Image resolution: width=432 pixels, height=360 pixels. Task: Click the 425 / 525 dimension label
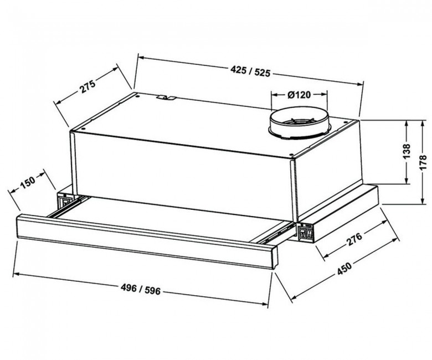(250, 71)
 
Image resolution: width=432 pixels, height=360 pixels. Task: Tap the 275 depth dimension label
(88, 86)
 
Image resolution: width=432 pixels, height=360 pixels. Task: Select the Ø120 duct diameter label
(299, 95)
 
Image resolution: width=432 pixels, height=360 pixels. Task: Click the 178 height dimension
(423, 162)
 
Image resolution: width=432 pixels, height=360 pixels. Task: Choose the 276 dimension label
(354, 239)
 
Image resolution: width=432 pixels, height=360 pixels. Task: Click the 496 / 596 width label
(141, 289)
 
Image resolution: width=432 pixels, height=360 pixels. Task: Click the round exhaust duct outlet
(299, 125)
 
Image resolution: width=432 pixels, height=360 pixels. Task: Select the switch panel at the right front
(306, 233)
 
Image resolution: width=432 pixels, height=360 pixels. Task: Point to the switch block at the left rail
(65, 200)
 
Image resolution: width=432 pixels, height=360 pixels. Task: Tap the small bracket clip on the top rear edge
(166, 97)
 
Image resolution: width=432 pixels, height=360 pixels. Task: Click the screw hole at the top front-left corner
(83, 128)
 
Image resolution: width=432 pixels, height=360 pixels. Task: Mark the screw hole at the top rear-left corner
(137, 96)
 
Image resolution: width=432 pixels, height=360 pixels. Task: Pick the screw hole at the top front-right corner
(291, 155)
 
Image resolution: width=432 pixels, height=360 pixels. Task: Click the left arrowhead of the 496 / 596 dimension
(16, 274)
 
